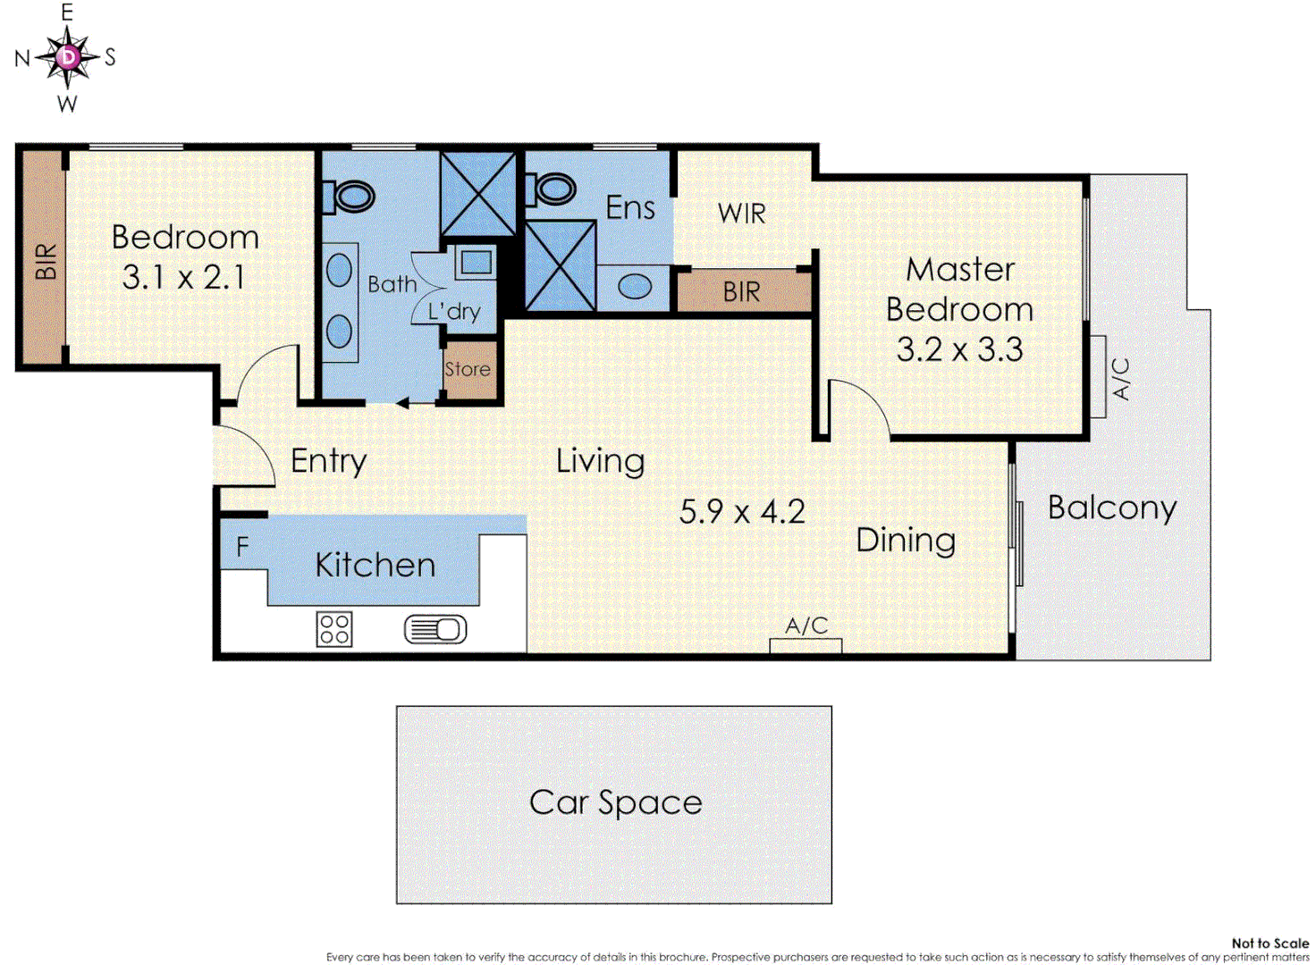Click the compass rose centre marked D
69,57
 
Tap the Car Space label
615,803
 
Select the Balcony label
1112,508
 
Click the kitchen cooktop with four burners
334,629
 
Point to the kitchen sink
435,630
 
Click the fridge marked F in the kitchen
242,547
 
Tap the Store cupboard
469,370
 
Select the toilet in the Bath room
349,196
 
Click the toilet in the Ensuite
551,189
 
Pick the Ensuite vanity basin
635,287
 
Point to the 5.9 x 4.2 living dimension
742,512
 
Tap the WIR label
742,214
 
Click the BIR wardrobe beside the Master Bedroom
743,290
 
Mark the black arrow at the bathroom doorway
402,403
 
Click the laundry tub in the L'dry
476,263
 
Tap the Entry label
328,462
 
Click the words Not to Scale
1270,943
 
